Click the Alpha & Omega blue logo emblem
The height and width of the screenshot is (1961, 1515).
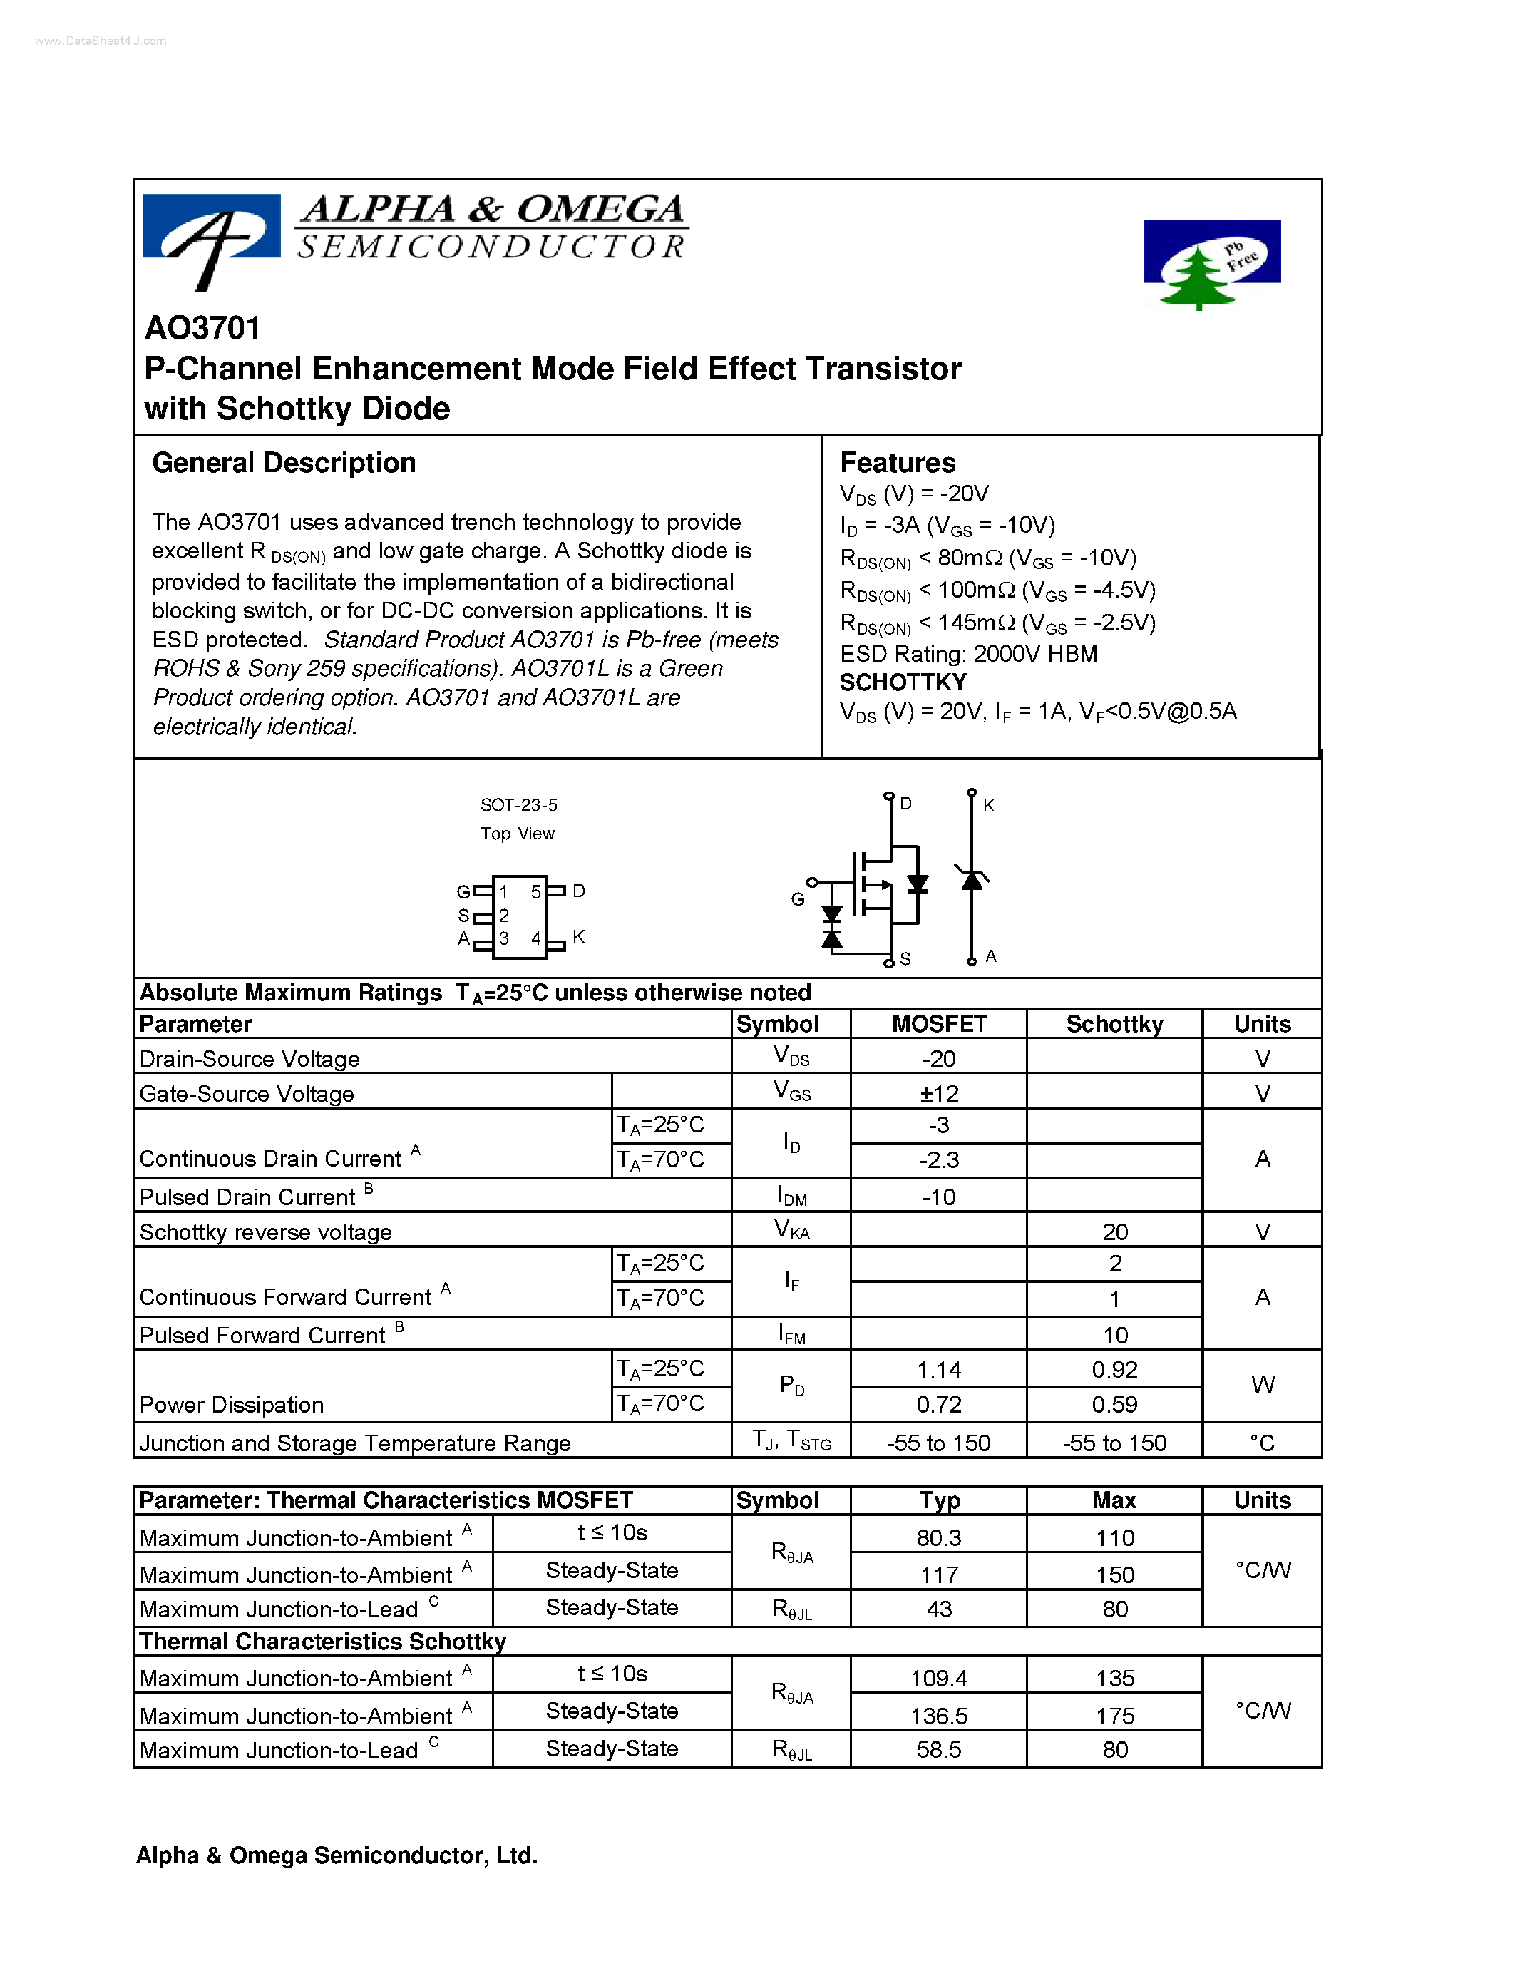[212, 235]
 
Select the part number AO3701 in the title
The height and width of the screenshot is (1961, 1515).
[203, 329]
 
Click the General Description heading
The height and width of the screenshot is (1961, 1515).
[284, 464]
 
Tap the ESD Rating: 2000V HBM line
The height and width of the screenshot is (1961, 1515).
[967, 654]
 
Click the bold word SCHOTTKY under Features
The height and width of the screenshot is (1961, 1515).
[902, 682]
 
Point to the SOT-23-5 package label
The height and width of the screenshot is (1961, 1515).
[519, 805]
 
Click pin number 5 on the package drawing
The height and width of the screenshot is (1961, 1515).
[536, 891]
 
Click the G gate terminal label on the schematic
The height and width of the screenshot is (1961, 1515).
[797, 898]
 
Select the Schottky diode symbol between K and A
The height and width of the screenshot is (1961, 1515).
[971, 880]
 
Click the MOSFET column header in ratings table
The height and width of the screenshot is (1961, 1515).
[938, 1025]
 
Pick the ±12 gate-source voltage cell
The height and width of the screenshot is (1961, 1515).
[939, 1094]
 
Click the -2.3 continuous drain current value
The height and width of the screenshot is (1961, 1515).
[939, 1160]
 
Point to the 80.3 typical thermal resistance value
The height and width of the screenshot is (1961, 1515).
[939, 1538]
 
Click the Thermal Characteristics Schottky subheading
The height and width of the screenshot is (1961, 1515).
[322, 1642]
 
